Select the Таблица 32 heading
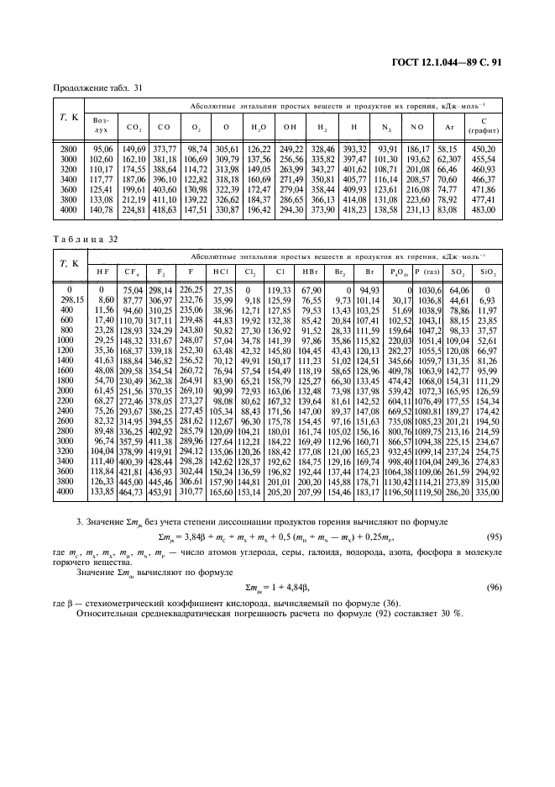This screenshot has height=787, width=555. [84, 238]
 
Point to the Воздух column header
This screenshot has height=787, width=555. [101, 126]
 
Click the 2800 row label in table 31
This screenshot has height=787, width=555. [69, 148]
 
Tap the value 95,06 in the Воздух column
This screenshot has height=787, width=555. [101, 148]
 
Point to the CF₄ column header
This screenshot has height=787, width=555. [132, 273]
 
